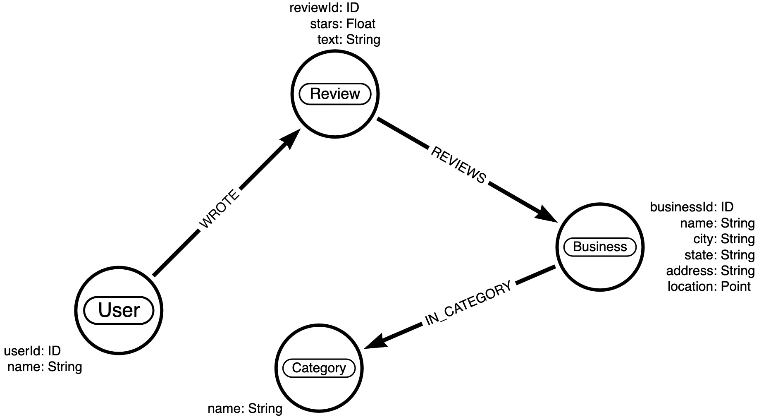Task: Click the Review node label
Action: tap(335, 94)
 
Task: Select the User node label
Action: tap(119, 310)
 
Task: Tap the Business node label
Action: tap(600, 247)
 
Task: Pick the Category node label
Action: tap(319, 368)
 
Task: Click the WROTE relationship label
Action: tap(219, 209)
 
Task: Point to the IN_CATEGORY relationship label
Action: tap(468, 303)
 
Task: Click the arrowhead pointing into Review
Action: tap(291, 138)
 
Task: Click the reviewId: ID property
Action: tap(324, 7)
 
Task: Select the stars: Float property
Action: tap(343, 24)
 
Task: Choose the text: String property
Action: tap(348, 40)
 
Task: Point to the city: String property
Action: tap(724, 239)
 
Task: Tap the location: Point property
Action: tap(709, 286)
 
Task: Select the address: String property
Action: tap(710, 271)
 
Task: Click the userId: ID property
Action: tap(32, 351)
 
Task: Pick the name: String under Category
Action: tap(245, 409)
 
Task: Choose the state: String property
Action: tap(719, 255)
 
